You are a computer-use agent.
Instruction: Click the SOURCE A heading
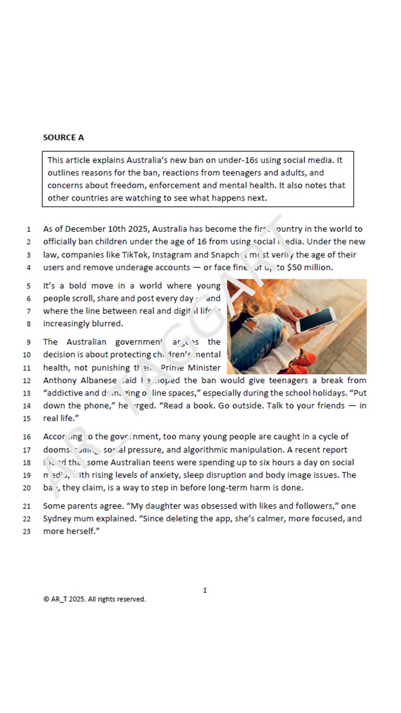click(63, 138)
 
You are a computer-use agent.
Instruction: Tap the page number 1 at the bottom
click(205, 590)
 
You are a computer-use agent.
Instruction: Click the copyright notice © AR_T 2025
click(94, 599)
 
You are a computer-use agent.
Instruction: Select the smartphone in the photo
click(315, 319)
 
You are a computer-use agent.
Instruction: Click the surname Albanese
click(96, 380)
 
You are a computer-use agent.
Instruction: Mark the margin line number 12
click(28, 381)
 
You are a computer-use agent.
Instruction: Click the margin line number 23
click(28, 532)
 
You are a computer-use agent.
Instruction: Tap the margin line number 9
click(28, 343)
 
